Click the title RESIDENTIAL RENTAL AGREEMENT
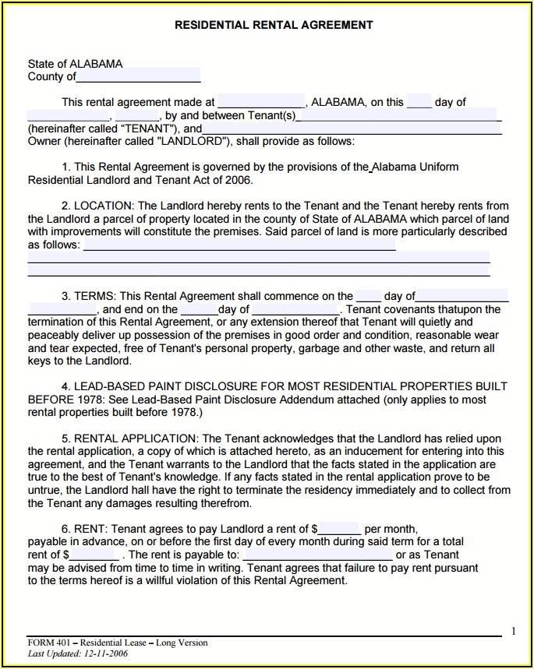pos(274,25)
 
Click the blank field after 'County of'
pos(138,77)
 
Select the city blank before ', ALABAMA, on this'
pos(261,102)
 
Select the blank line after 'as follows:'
pos(239,245)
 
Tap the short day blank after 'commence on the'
pos(368,296)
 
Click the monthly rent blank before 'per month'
pos(338,529)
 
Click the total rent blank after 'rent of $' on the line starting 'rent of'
pos(94,555)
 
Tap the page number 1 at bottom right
pos(513,631)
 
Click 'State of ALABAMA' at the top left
pos(75,64)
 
